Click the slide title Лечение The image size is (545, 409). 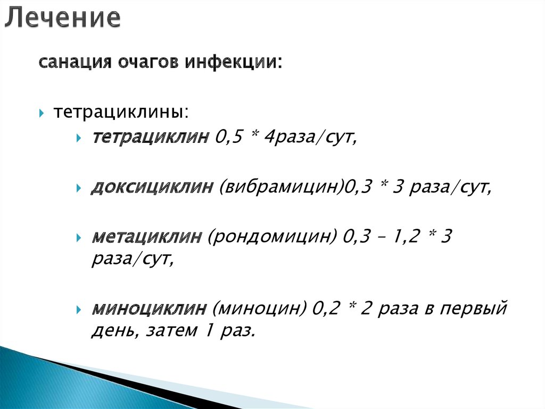click(x=63, y=18)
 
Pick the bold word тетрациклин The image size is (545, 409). click(x=151, y=138)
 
